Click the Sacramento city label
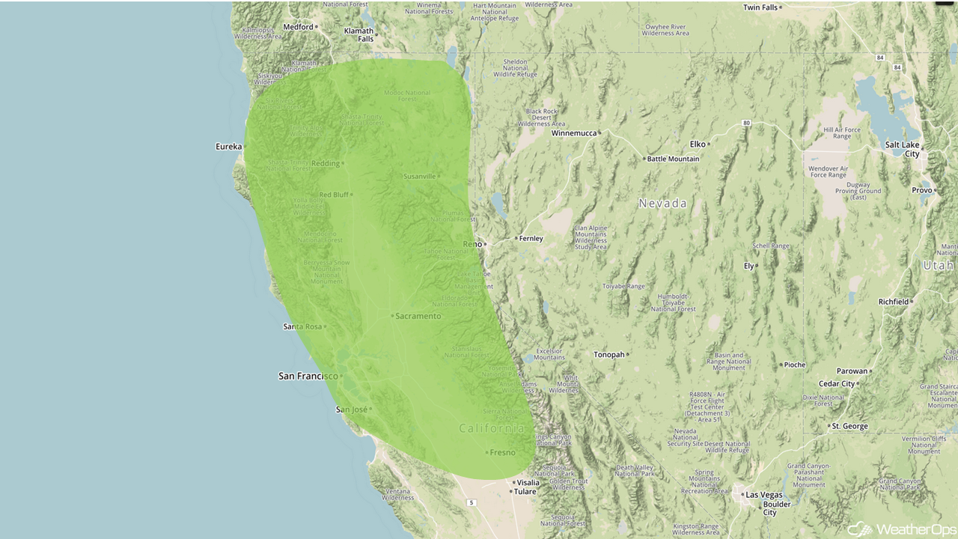(x=418, y=316)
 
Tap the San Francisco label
(x=308, y=376)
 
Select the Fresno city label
(x=502, y=452)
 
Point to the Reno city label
(x=472, y=244)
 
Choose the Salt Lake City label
(x=902, y=149)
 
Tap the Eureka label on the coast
(x=228, y=146)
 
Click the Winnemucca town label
(x=574, y=133)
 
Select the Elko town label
(x=698, y=144)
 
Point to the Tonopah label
(x=608, y=354)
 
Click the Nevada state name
(x=662, y=204)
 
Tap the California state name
(x=492, y=428)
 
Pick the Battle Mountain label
(x=673, y=159)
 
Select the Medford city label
(x=298, y=26)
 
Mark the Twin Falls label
(x=760, y=7)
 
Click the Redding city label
(x=326, y=163)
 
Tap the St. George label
(x=851, y=426)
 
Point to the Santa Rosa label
(x=302, y=326)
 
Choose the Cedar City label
(x=838, y=383)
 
